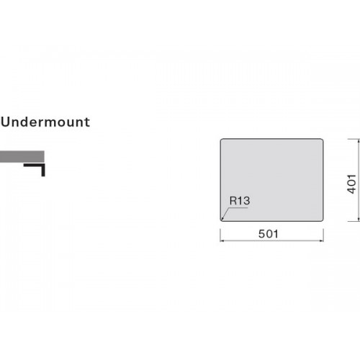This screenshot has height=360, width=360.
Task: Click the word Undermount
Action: pos(45,122)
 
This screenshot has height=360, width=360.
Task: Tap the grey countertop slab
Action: pos(22,156)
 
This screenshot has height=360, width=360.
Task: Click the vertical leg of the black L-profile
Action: pos(43,170)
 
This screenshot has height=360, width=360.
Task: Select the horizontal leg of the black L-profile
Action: pos(35,165)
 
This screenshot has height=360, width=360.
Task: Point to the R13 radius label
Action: pos(240,201)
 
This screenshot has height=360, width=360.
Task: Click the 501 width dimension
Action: pos(269,234)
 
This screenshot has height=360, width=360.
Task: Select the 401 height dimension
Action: pos(351,184)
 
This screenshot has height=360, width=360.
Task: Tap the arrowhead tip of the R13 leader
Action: pos(222,220)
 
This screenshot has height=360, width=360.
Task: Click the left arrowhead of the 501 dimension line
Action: pos(222,240)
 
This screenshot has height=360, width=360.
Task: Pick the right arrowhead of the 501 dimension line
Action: pos(322,240)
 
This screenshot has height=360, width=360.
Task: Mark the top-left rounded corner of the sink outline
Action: pos(222,140)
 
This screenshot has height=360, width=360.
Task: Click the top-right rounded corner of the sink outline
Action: pos(322,140)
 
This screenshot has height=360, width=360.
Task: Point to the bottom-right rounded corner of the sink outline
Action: pos(322,220)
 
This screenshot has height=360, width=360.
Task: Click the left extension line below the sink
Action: pos(220,235)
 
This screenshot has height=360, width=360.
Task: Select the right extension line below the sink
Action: pos(323,235)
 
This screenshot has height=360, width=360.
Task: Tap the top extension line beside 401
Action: pos(354,139)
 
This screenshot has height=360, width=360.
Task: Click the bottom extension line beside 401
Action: pos(354,221)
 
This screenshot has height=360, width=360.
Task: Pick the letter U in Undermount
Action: pos(6,122)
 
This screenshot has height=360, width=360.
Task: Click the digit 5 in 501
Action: pos(261,234)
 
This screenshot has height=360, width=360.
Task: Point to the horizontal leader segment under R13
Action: pos(238,208)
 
